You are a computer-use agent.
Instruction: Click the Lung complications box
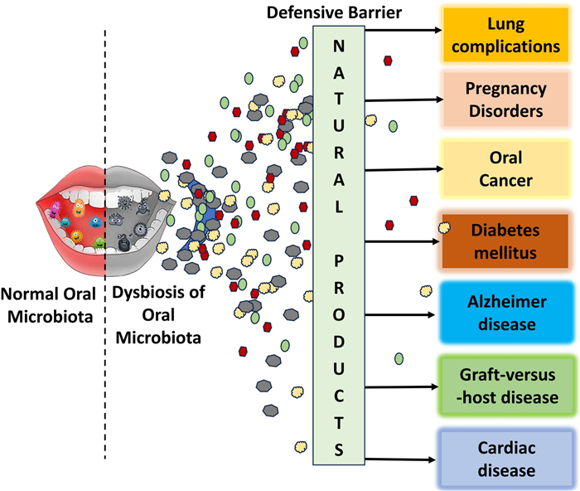(505, 35)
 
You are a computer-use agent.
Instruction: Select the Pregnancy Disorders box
(505, 100)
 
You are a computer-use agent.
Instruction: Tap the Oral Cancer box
(505, 169)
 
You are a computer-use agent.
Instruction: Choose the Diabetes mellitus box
(505, 241)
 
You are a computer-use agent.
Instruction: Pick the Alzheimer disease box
(507, 313)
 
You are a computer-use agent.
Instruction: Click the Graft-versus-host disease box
(507, 386)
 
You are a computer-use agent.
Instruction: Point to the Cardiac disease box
(506, 459)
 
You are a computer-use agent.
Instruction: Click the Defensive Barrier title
(334, 12)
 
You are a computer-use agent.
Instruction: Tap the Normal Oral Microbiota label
(48, 305)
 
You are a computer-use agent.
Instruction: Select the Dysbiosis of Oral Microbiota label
(158, 315)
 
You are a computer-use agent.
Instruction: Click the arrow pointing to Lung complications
(404, 30)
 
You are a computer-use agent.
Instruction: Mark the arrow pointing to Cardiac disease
(400, 459)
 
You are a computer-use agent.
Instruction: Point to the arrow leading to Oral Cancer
(404, 169)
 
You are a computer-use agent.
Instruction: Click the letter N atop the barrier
(339, 46)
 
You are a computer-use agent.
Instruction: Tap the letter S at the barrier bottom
(339, 450)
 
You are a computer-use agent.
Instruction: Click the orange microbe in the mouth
(79, 207)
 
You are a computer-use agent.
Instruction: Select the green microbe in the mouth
(99, 243)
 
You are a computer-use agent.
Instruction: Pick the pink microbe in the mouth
(56, 210)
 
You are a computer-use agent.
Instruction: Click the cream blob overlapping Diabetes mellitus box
(444, 228)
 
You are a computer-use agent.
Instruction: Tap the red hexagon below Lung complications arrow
(388, 61)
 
